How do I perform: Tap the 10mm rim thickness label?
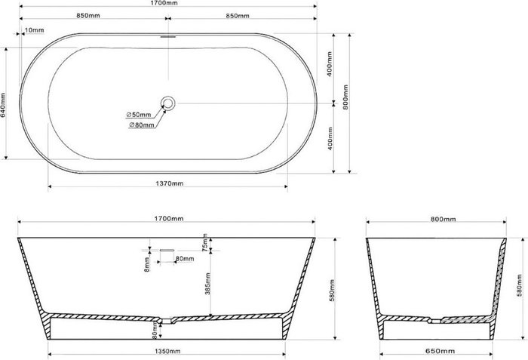pyautogui.click(x=34, y=30)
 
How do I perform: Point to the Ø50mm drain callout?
pyautogui.click(x=140, y=115)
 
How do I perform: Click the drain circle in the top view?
pyautogui.click(x=168, y=103)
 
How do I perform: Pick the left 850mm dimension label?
pyautogui.click(x=91, y=16)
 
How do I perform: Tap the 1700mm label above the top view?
pyautogui.click(x=167, y=3)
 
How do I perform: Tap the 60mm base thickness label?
pyautogui.click(x=155, y=329)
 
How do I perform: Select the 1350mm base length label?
pyautogui.click(x=167, y=352)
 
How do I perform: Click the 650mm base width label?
pyautogui.click(x=436, y=352)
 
